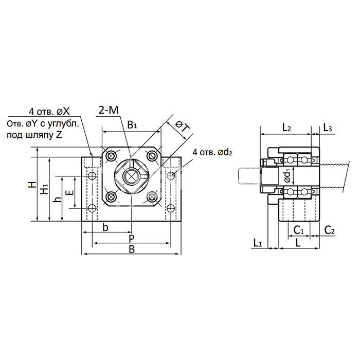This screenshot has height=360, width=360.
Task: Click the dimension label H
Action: (31, 185)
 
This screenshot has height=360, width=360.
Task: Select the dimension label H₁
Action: (45, 189)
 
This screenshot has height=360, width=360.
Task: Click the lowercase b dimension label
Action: (105, 227)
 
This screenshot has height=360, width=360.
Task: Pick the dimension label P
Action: (132, 238)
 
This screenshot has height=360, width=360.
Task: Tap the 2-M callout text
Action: (109, 109)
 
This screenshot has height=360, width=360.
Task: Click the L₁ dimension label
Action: (259, 242)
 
